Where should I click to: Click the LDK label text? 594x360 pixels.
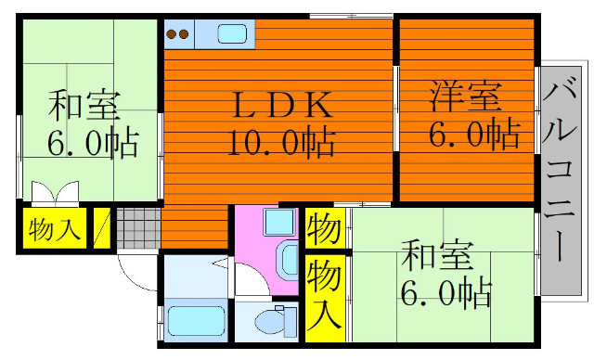[x=283, y=105]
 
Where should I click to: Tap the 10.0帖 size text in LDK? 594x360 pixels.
[x=281, y=142]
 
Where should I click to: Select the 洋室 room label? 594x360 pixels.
[x=466, y=96]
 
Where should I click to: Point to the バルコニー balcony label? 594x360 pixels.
[x=560, y=168]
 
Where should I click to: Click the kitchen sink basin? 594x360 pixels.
[x=232, y=33]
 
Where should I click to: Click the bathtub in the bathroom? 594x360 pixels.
[x=196, y=321]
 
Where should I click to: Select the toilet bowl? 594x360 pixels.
[x=276, y=321]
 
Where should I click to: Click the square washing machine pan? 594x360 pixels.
[x=279, y=222]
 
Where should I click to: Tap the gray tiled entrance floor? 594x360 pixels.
[x=138, y=228]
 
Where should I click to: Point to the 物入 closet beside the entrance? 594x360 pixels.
[x=55, y=228]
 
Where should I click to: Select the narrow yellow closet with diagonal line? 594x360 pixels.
[x=102, y=228]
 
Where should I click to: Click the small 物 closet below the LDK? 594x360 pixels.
[x=325, y=228]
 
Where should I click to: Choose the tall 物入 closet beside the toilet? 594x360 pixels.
[x=325, y=298]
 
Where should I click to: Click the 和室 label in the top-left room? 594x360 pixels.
[x=84, y=105]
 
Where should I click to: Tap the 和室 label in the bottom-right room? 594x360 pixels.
[x=437, y=253]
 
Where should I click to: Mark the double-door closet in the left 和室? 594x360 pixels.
[x=56, y=193]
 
